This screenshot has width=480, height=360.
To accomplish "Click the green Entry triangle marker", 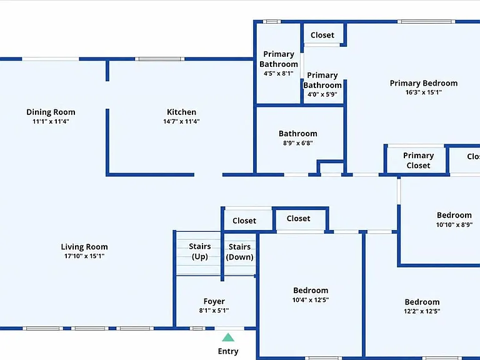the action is pos(228,337).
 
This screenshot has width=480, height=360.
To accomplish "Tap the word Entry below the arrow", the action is pos(228,351).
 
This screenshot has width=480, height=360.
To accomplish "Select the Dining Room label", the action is pos(51,112).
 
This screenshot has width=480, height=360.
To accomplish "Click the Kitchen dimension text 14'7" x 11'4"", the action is pos(181,121).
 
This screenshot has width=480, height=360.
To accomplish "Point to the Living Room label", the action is pos(84,247).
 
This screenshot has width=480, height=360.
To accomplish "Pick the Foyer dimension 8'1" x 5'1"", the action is pos(214,311).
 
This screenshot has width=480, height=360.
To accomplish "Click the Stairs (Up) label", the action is pos(199,251).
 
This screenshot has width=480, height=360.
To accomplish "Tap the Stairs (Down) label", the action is pos(240,252).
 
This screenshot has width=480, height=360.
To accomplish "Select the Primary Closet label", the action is pos(419,161).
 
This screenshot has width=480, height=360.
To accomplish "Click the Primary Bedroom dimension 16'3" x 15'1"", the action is pos(424,92).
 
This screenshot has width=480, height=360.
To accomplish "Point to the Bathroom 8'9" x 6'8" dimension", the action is pos(298,143).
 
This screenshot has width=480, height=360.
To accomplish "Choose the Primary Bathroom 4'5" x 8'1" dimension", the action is pos(279,74).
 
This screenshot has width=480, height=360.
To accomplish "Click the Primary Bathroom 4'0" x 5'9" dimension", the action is pos(322,94).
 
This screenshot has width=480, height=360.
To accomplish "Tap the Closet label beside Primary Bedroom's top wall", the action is pos(322,35).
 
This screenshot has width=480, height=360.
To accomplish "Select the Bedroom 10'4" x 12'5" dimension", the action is pos(311,300).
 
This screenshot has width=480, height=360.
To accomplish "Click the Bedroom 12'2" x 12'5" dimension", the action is pos(422,312).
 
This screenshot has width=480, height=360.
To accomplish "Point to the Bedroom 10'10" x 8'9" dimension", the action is pos(454,225).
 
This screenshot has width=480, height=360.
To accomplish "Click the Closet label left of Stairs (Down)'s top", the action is pos(244,221).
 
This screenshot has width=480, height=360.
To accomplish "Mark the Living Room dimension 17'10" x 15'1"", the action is pos(84,256).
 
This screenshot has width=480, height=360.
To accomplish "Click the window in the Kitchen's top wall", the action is pos(160,59).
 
